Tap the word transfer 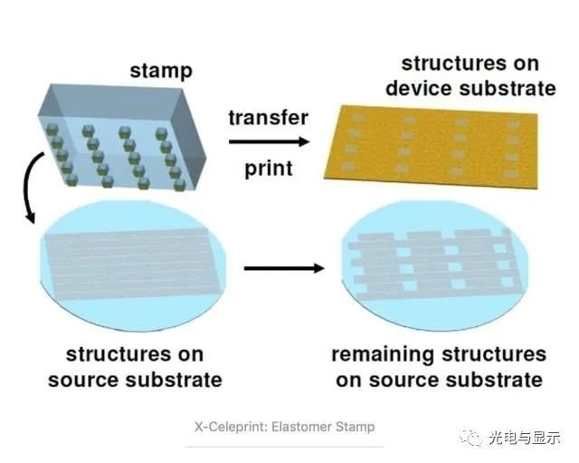tap(268, 118)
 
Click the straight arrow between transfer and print tap(268, 142)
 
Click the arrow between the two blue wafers tap(283, 267)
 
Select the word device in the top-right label tap(432, 89)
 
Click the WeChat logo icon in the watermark tap(476, 436)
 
